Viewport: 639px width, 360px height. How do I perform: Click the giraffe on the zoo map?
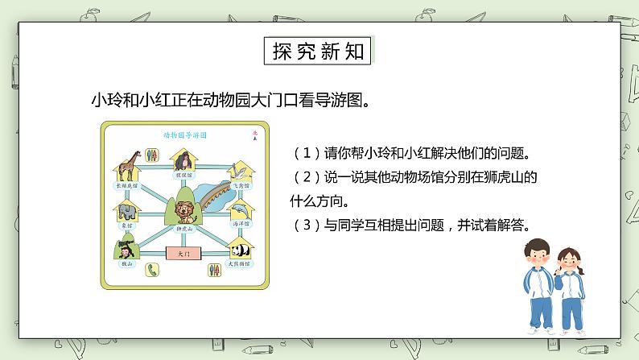pyautogui.click(x=127, y=164)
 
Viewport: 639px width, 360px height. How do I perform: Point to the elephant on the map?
pyautogui.click(x=127, y=212)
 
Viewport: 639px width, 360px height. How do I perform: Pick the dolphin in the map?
pyautogui.click(x=241, y=212)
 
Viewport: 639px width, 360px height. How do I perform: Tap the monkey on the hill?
pyautogui.click(x=127, y=251)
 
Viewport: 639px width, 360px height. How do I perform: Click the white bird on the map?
pyautogui.click(x=238, y=169)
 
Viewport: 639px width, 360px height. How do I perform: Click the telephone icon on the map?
pyautogui.click(x=151, y=272)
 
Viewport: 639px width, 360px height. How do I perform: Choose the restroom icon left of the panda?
pyautogui.click(x=215, y=271)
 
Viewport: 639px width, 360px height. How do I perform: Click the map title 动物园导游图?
pyautogui.click(x=184, y=135)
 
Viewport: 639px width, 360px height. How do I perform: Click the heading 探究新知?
pyautogui.click(x=319, y=51)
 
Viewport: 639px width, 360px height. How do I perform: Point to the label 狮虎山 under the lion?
pyautogui.click(x=184, y=230)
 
